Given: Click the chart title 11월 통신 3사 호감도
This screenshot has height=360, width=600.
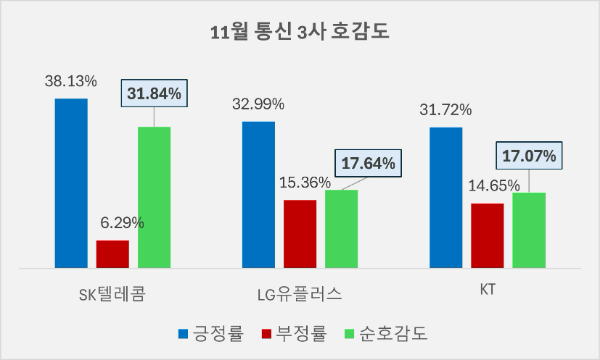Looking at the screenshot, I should point(301,31).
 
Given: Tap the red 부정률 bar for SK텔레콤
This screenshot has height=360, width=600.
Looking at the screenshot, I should point(112,254).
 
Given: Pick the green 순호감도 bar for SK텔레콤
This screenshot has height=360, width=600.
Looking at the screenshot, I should point(154,197).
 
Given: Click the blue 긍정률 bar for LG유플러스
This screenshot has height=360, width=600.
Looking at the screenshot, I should point(258,194).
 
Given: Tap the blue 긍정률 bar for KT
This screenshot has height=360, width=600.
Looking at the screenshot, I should point(446,197).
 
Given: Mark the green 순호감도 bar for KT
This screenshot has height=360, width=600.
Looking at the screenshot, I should point(529,230).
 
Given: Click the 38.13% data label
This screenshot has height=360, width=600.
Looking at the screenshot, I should point(71,81).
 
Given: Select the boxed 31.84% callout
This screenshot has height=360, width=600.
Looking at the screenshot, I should point(154,94).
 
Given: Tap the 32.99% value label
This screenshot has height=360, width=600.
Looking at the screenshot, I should point(258,103).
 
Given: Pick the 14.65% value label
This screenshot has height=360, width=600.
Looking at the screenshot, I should point(487,186).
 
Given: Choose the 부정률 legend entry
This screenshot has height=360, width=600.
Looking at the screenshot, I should point(296,332).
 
